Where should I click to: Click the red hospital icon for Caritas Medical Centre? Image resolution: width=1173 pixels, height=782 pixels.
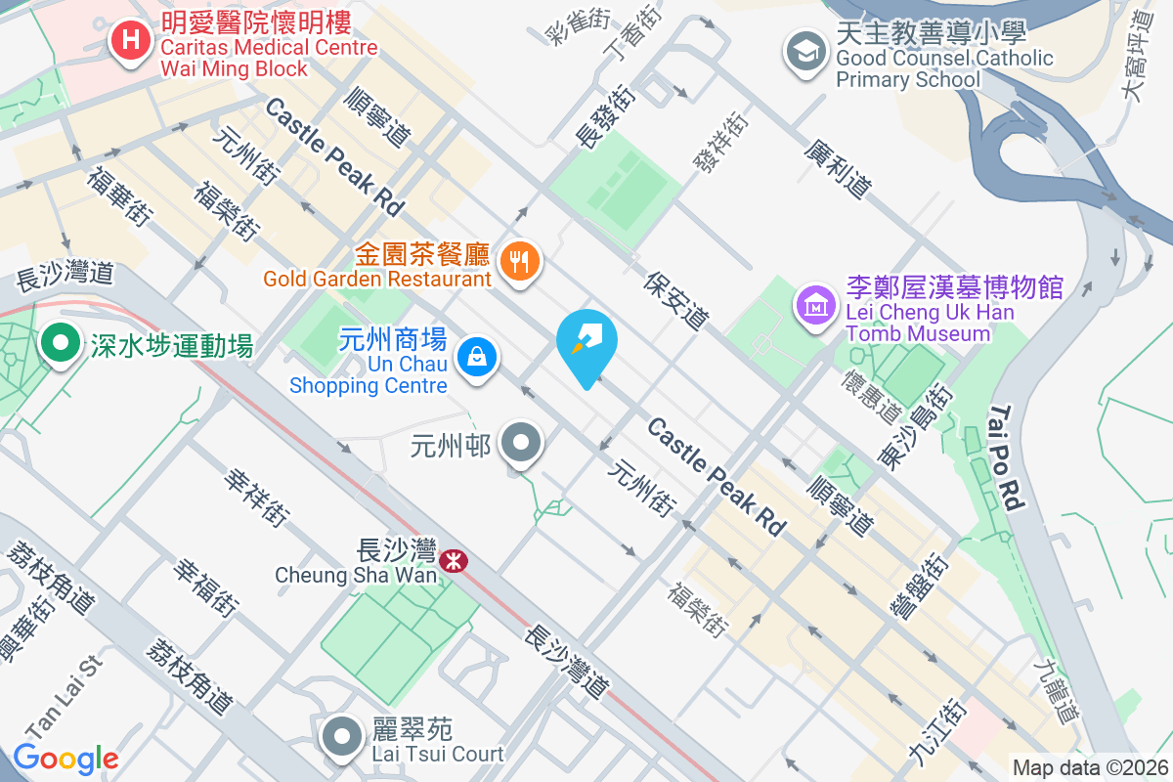pos(128,41)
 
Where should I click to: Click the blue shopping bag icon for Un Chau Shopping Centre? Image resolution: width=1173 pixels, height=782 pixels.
pos(478,356)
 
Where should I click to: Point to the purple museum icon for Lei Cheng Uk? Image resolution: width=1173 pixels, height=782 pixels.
pos(815,305)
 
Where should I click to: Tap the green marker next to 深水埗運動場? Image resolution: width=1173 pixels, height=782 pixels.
pos(61,344)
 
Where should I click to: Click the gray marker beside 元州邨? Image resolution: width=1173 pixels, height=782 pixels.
pos(522,444)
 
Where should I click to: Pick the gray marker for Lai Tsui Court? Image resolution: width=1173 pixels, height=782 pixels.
pos(343,737)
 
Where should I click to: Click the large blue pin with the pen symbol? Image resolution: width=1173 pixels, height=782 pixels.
pos(586,344)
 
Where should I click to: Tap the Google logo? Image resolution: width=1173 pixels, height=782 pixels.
pos(65,758)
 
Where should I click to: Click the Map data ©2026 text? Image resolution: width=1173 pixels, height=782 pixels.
pos(1089,768)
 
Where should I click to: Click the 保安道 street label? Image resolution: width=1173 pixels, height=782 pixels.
pos(676,299)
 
